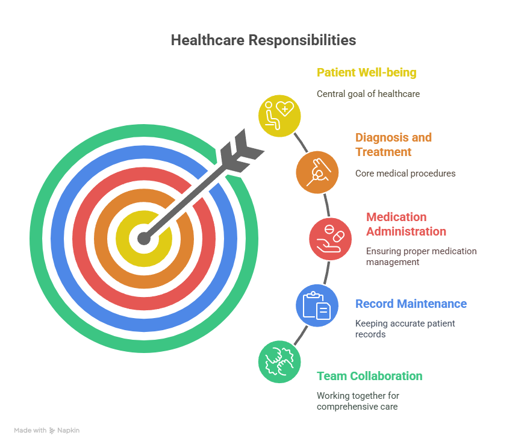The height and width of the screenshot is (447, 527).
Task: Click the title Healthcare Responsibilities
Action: coord(264,40)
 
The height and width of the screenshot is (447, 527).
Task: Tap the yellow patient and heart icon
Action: coord(279,116)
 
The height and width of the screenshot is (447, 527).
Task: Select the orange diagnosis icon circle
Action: coord(317,172)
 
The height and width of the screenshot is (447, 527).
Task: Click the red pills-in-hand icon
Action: coord(331,239)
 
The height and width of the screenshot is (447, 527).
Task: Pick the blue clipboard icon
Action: coord(317,305)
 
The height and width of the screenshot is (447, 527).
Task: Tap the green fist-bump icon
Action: coord(279,361)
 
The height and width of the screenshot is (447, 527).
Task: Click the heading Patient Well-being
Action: coord(367,73)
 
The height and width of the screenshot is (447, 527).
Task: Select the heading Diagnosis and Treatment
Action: coord(393,145)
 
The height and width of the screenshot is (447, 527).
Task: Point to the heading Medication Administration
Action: coord(406,224)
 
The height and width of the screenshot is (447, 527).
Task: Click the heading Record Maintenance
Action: coord(411,304)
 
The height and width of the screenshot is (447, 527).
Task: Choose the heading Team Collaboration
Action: coord(369,376)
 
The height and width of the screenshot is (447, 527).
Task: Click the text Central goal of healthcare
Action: coord(368,94)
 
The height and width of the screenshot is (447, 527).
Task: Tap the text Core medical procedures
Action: coord(405,173)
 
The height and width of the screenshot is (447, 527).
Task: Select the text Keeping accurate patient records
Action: coord(405,329)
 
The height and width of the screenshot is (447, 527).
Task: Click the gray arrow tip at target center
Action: coord(144,239)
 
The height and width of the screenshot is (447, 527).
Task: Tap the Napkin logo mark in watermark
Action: coord(52,431)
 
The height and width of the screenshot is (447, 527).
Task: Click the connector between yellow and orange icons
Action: coord(301,143)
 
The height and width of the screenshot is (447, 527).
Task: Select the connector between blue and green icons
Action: coord(301,335)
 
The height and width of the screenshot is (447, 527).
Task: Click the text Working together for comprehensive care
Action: coord(358,401)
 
